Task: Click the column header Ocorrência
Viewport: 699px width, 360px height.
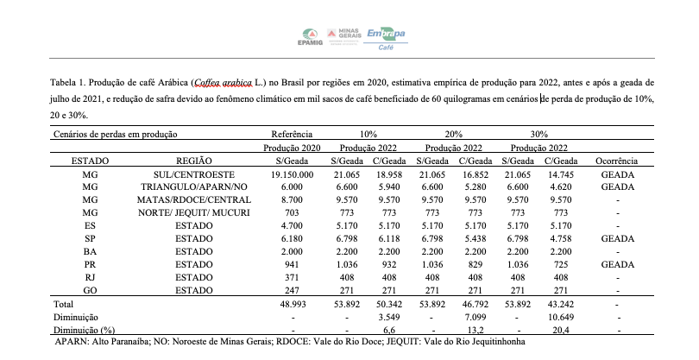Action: point(616,161)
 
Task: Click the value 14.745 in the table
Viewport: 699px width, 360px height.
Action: point(564,174)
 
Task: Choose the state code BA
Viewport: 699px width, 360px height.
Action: point(90,250)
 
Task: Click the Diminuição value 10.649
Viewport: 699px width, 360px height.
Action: point(564,317)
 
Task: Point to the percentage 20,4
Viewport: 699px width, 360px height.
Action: point(564,330)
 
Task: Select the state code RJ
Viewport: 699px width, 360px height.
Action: point(90,276)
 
